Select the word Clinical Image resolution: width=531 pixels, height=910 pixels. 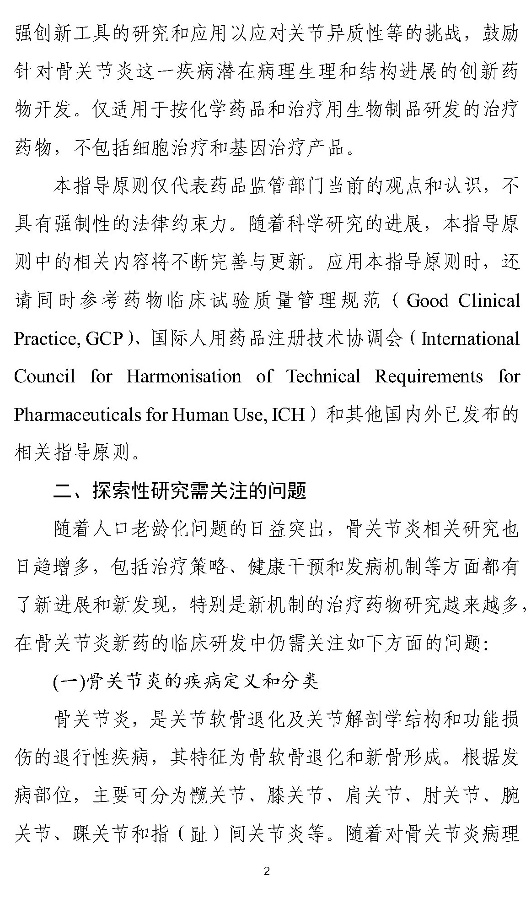(489, 301)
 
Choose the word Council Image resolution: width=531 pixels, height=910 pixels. (44, 377)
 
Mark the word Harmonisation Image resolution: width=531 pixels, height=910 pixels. (183, 377)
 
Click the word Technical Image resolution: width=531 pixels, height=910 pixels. (323, 377)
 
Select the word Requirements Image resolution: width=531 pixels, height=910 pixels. (429, 377)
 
